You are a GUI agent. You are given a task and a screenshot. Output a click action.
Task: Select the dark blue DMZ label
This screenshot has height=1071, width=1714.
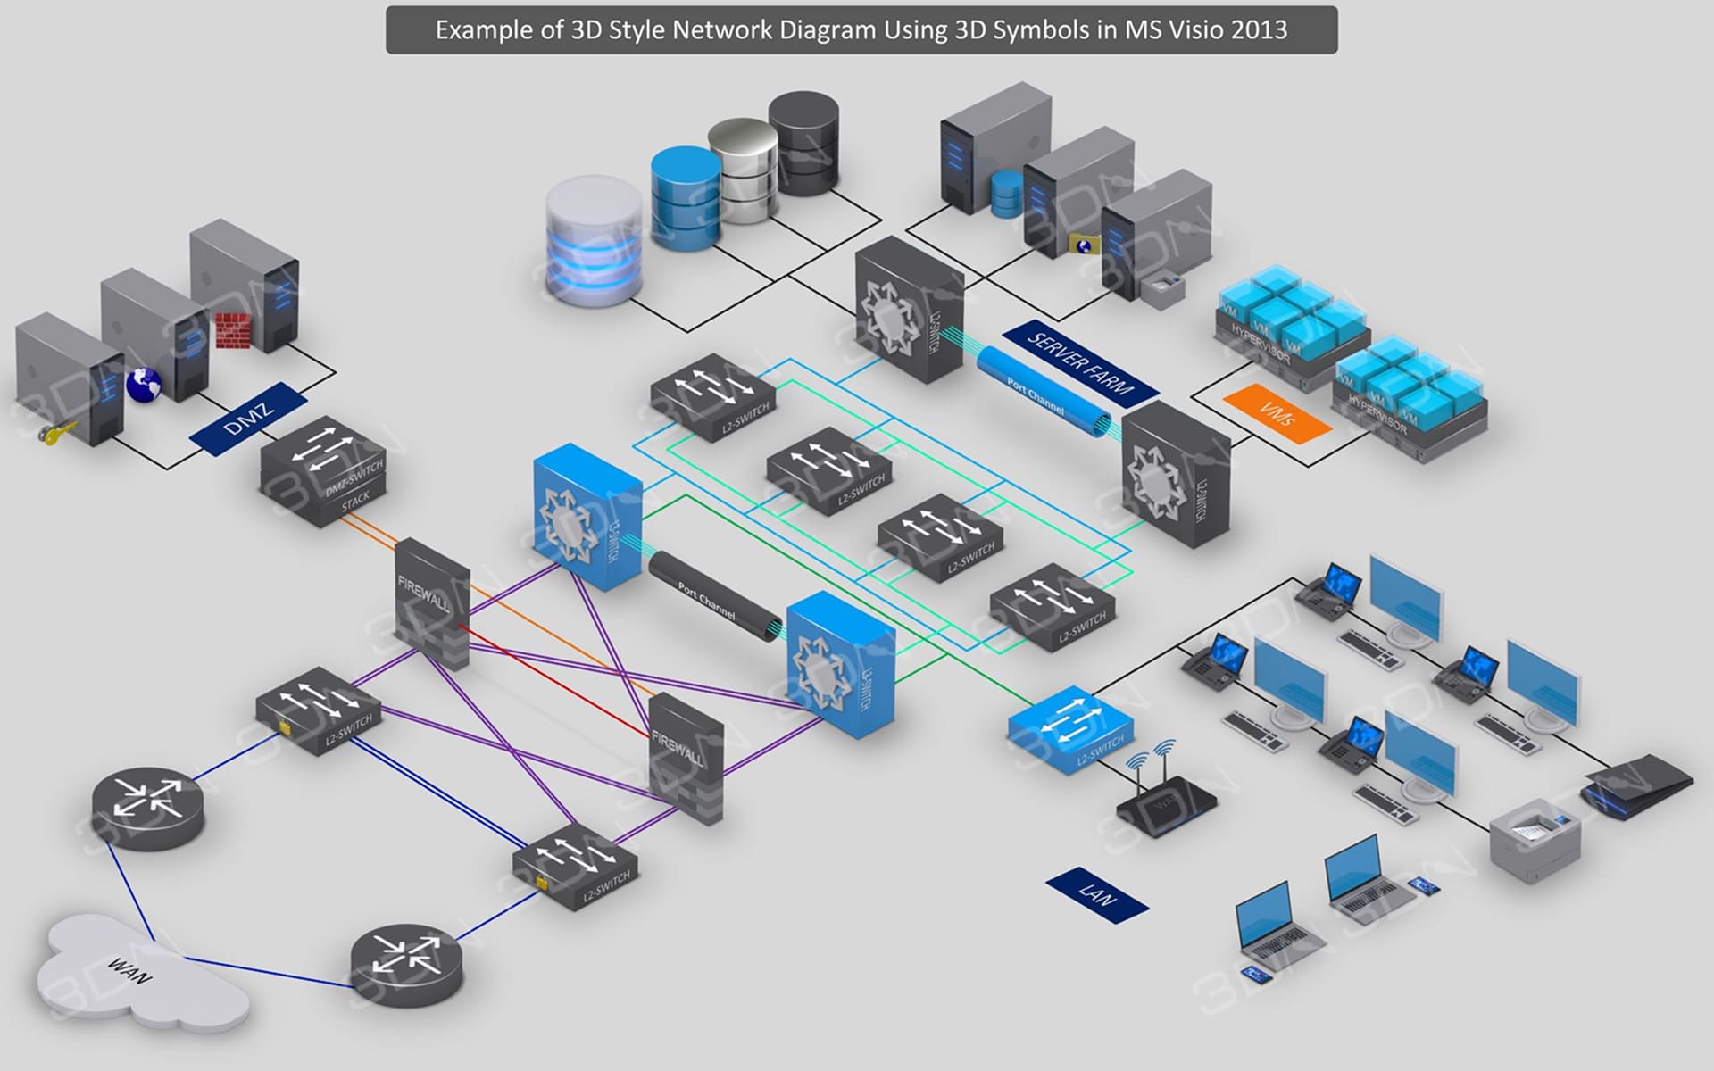[x=248, y=419]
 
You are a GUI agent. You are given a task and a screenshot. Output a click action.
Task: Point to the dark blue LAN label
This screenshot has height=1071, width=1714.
[x=1097, y=894]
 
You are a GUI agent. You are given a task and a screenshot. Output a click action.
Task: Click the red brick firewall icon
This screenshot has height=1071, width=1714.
[x=233, y=329]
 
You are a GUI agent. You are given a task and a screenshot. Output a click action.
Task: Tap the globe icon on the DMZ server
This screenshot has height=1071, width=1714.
[x=143, y=385]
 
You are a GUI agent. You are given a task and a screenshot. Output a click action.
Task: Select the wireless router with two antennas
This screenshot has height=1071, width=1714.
[x=1164, y=799]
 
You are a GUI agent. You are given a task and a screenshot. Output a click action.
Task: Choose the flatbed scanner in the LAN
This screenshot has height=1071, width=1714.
[x=1637, y=783]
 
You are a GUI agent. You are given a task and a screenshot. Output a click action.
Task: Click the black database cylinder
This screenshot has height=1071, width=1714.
[x=803, y=143]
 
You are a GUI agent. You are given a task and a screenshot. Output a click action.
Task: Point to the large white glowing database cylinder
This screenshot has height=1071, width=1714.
[x=594, y=241]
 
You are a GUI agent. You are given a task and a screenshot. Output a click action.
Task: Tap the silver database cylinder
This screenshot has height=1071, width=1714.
[x=744, y=170]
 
